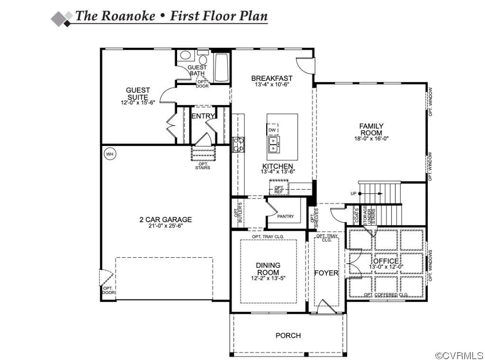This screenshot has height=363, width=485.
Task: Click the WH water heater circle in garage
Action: (110, 154)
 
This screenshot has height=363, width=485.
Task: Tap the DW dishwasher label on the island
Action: (272, 130)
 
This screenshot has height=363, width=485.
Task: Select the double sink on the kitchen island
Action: (273, 144)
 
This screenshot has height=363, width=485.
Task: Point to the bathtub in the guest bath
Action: (221, 68)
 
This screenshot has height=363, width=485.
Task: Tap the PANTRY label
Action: (286, 216)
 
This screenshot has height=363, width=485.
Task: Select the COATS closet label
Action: (357, 216)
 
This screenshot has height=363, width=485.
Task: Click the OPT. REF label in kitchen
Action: (278, 190)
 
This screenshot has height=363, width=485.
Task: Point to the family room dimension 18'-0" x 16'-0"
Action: (371, 138)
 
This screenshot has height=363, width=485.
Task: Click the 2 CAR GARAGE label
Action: (165, 219)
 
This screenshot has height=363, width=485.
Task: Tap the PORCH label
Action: (288, 335)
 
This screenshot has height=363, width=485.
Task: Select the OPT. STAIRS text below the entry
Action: (203, 166)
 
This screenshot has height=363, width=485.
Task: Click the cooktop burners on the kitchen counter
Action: (239, 145)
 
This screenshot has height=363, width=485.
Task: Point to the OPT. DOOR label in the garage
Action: (108, 290)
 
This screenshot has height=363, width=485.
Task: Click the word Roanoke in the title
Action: (128, 16)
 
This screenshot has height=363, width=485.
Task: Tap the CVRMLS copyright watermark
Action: (458, 355)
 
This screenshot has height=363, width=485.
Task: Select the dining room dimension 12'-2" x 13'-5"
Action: (268, 278)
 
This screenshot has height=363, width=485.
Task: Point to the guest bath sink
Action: (186, 55)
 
